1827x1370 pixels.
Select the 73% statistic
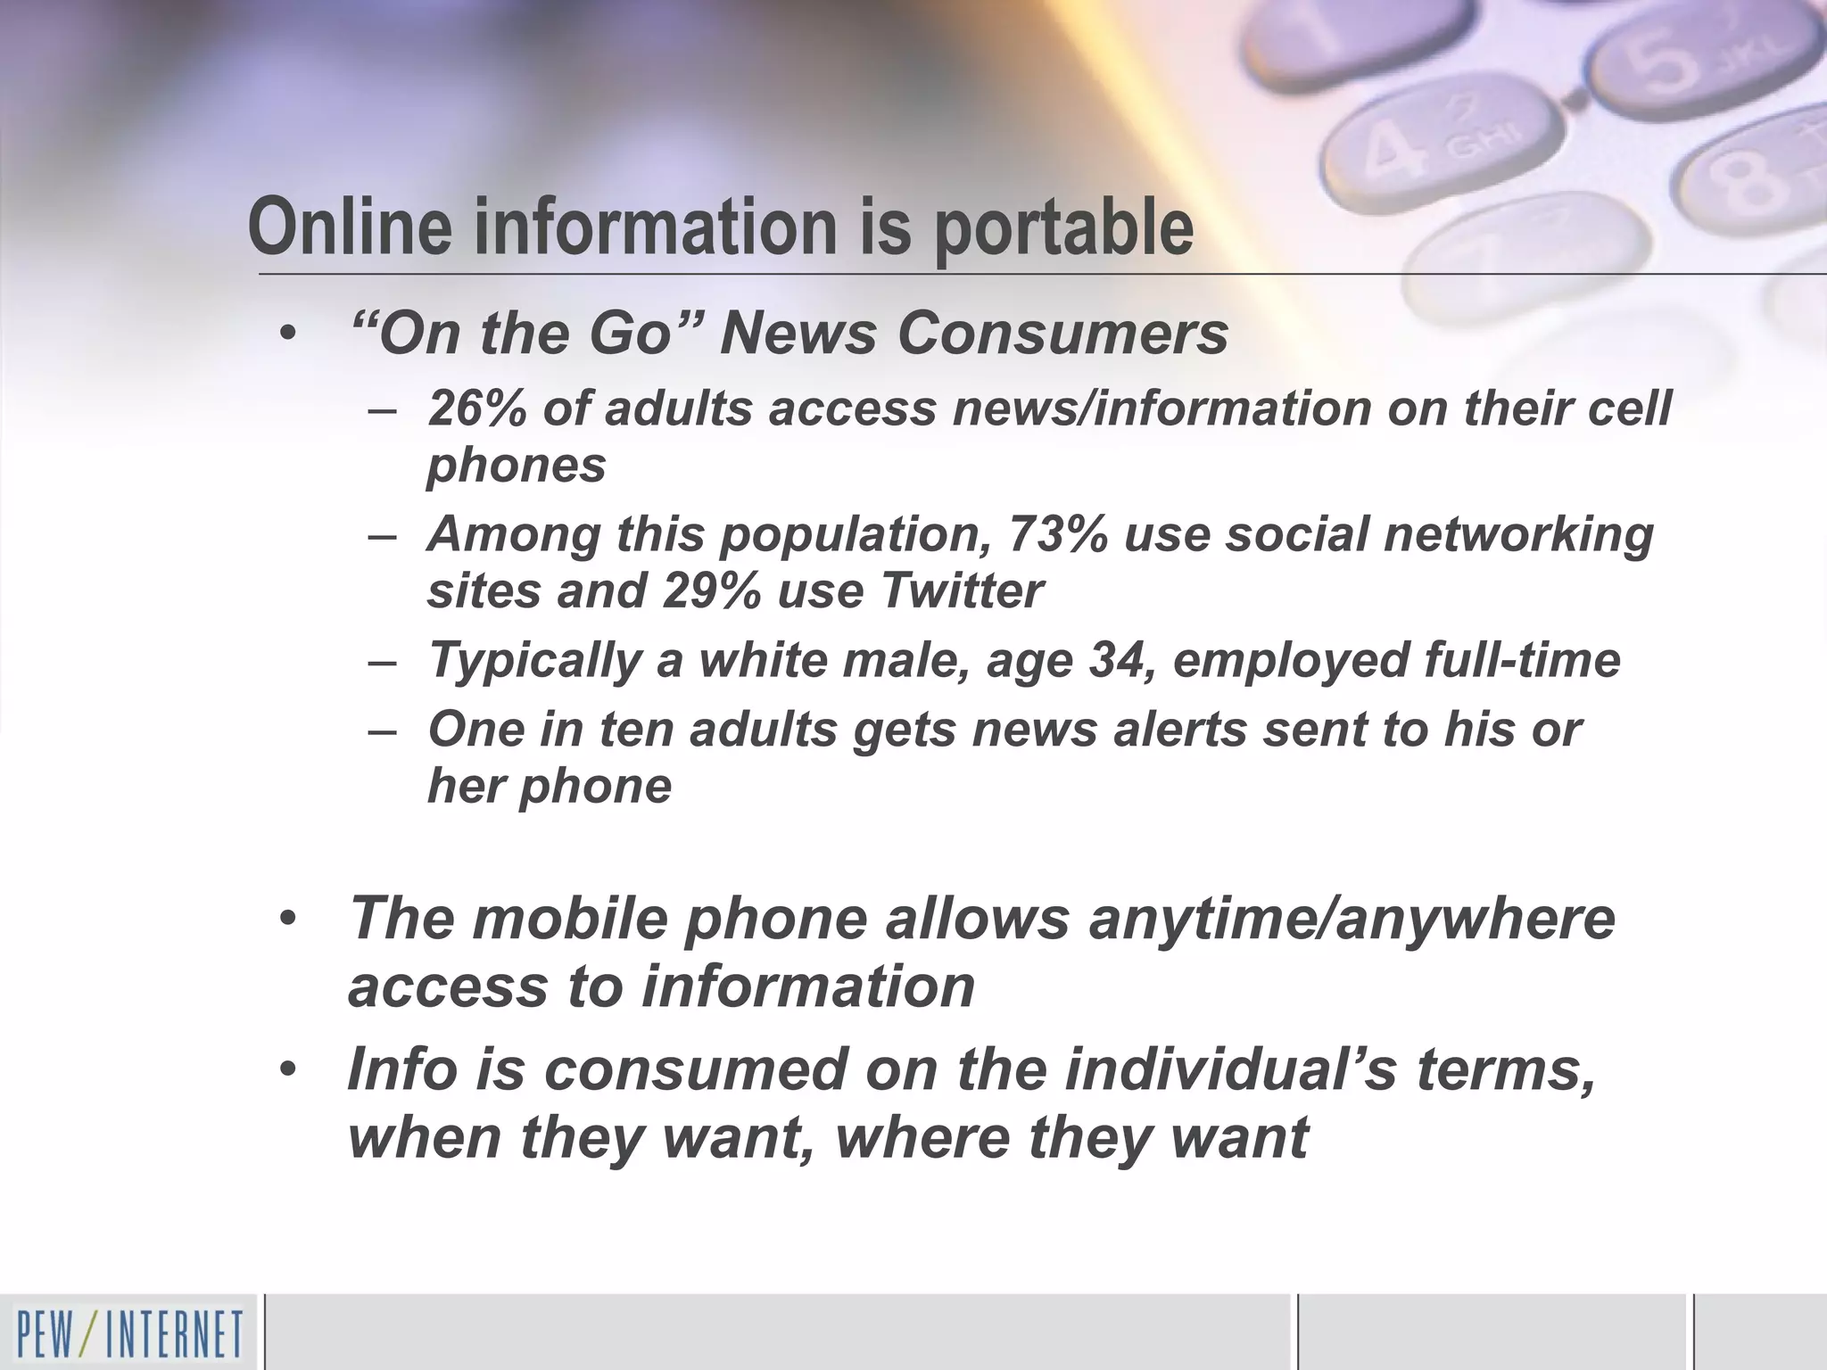point(1055,534)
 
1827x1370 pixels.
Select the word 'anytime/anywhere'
point(1352,918)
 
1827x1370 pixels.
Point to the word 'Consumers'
point(1062,333)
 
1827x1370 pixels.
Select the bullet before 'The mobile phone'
point(286,920)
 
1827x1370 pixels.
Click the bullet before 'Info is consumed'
point(286,1069)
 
